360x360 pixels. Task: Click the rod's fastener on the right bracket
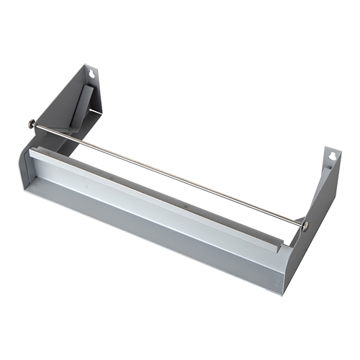pos(305,226)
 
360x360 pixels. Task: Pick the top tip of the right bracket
pos(332,146)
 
